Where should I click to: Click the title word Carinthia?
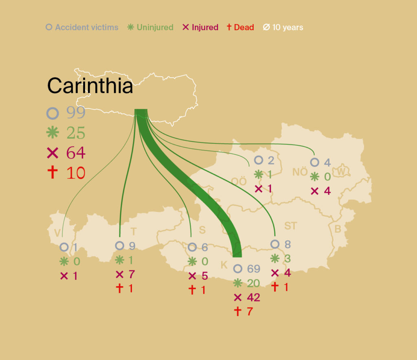pos(90,86)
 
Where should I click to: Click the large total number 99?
pos(76,113)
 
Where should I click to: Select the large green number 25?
pos(76,133)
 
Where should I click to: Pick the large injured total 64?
pos(76,153)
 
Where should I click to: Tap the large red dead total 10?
pos(76,173)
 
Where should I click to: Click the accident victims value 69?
pos(253,269)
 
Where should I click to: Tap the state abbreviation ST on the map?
pos(291,226)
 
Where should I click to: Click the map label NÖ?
pos(300,172)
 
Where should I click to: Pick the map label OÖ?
pos(239,181)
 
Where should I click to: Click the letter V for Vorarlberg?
pos(57,233)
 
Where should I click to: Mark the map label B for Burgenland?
pos(338,229)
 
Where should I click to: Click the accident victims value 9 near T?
pos(132,246)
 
